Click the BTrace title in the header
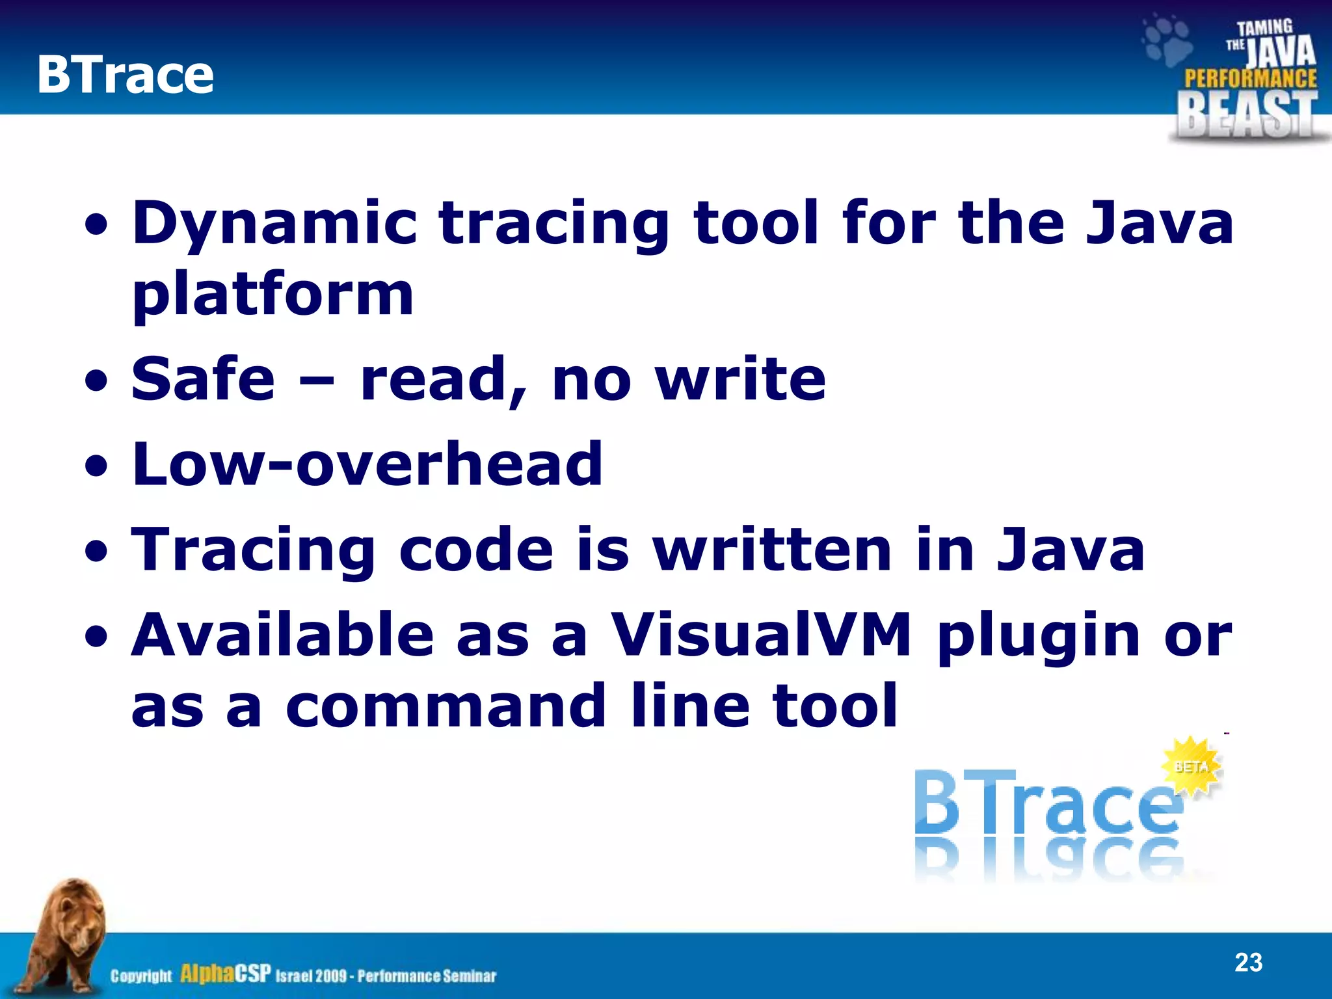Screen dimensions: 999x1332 [125, 74]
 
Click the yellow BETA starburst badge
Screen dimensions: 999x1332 [1192, 766]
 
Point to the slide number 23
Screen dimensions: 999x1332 [1248, 962]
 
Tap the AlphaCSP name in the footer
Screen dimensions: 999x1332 [225, 974]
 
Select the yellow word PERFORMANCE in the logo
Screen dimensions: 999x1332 [1250, 79]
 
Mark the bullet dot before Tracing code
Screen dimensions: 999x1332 [97, 552]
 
